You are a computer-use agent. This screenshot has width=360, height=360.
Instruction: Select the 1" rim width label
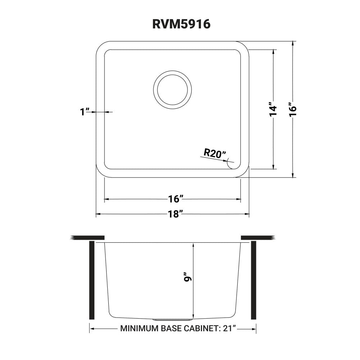point(85,112)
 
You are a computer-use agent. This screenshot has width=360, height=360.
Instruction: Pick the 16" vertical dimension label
point(293,109)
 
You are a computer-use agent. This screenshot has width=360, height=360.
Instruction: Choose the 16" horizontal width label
point(176,199)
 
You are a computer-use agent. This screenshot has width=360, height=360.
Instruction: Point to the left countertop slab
point(88,238)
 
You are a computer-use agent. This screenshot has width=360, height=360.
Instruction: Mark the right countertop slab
point(258,238)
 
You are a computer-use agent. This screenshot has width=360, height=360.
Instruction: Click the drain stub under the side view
point(172,320)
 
